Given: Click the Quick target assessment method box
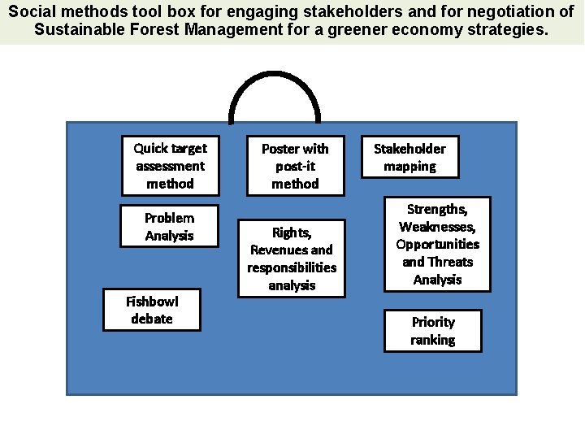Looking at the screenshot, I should click(x=170, y=166).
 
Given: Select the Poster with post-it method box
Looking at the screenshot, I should click(x=295, y=166).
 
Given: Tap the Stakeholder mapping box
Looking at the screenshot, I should click(x=409, y=157).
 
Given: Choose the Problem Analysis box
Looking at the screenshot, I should click(x=170, y=227).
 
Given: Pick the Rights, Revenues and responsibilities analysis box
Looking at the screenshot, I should click(x=292, y=259).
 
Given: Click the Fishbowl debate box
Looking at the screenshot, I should click(x=151, y=310).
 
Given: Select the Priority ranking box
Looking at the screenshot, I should click(x=433, y=331).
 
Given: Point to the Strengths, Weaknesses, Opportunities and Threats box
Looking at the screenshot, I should click(x=437, y=244).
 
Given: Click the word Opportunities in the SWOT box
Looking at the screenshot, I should click(x=438, y=244).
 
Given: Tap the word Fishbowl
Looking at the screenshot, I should click(x=152, y=301).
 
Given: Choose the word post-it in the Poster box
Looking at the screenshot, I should click(x=295, y=166).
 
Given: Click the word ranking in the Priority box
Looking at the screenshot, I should click(x=433, y=340).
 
